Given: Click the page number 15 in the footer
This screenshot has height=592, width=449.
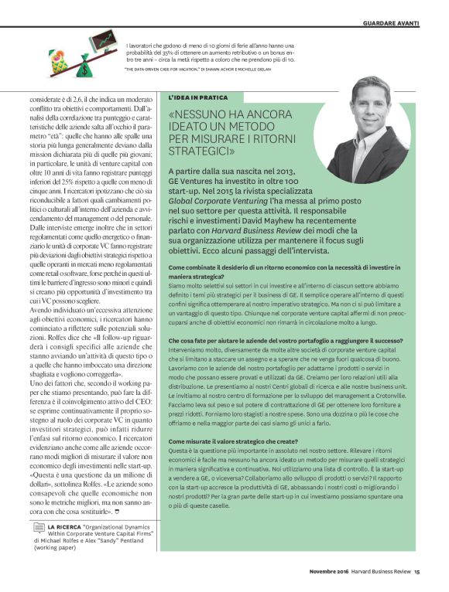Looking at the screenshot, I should coord(416,573).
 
